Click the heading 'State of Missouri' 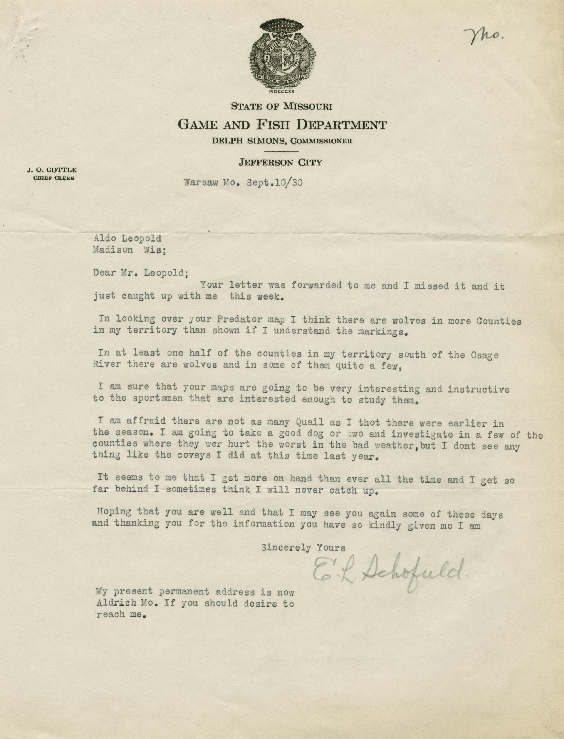click(282, 107)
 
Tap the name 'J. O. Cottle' click(52, 170)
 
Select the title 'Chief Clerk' click(53, 178)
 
